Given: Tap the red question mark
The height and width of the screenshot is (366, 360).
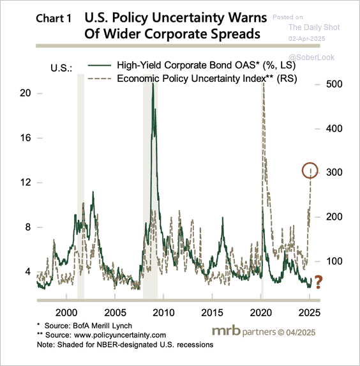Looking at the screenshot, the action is coord(319,282).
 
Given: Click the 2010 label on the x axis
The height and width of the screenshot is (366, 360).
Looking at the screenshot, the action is coord(163,312).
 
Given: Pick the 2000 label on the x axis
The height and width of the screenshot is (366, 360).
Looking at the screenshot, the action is coord(66,312).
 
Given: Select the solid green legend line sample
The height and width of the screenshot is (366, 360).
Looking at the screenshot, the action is coord(100,65).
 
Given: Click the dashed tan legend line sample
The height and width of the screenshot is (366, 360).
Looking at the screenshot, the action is coord(100,79).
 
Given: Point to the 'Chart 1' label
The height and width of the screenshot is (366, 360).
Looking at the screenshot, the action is coord(54,19).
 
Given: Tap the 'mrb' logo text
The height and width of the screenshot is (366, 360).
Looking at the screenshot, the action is coord(226,330).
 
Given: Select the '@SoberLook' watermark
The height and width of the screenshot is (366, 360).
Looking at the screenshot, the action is coord(311,57).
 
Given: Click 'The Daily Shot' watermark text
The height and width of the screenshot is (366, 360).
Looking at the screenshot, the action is coord(314,27).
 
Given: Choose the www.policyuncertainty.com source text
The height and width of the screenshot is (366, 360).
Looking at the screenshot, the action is coord(120,335).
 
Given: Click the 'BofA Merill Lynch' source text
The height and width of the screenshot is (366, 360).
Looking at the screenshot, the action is coord(102,326).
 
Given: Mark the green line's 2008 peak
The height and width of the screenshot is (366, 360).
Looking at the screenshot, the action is coord(153,83).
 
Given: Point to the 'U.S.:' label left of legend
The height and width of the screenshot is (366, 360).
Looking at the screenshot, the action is coord(61,68).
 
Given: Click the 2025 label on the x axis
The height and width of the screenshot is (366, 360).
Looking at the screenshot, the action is coord(310,312).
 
